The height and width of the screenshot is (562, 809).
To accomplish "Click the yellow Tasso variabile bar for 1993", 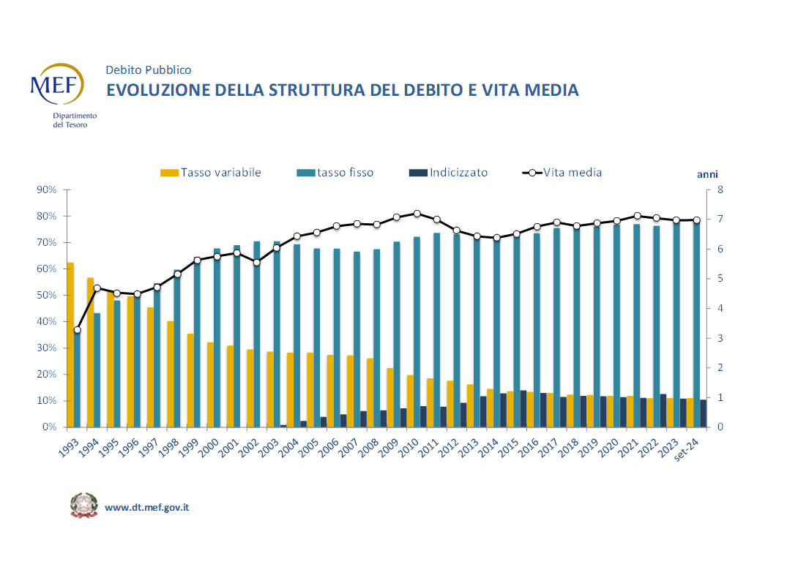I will pos(70,344).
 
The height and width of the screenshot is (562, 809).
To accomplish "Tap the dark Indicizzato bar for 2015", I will pos(523,408).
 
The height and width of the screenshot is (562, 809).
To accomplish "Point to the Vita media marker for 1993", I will pos(77,330).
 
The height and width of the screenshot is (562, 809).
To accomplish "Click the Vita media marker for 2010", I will pos(417,214).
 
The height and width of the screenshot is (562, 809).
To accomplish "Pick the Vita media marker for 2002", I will pos(257,262).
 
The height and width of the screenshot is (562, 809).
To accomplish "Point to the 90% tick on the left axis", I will pos(46,190).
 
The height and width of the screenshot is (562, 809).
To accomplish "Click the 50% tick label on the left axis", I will pos(46,296).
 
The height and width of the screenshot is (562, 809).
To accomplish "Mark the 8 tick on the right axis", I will pos(720,190).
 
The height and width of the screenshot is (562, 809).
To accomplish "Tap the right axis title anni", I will pos(707,174).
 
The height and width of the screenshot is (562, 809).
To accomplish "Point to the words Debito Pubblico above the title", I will pos(149,70).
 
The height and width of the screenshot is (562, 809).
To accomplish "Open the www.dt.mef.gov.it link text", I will pos(147,507).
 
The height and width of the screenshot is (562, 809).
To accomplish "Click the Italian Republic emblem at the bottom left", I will pos(83,506).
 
